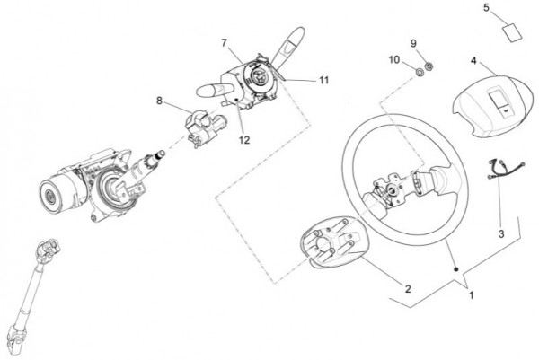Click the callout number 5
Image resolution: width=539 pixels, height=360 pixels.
pyautogui.click(x=486, y=7)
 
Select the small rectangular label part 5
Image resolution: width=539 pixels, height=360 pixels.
pyautogui.click(x=512, y=33)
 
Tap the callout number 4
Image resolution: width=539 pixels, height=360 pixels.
pyautogui.click(x=473, y=60)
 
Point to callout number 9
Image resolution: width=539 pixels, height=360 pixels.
pyautogui.click(x=413, y=43)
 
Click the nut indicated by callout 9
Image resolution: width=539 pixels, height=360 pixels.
pyautogui.click(x=429, y=66)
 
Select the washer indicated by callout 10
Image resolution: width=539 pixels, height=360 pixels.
pyautogui.click(x=420, y=72)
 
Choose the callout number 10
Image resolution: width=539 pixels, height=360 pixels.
pyautogui.click(x=394, y=60)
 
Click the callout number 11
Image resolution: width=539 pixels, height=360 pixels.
pyautogui.click(x=324, y=80)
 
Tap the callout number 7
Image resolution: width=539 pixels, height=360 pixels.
pyautogui.click(x=224, y=43)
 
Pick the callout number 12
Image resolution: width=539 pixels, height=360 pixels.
pyautogui.click(x=244, y=140)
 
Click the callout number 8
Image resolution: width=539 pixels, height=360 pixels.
pyautogui.click(x=159, y=101)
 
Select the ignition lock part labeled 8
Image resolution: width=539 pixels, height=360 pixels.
pyautogui.click(x=205, y=127)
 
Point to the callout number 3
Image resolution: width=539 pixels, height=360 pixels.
pyautogui.click(x=501, y=234)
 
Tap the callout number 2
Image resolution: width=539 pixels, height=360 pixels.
pyautogui.click(x=408, y=289)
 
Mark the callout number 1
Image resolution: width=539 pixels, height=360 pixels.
pyautogui.click(x=472, y=295)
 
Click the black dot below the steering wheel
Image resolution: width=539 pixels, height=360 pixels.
pyautogui.click(x=456, y=269)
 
